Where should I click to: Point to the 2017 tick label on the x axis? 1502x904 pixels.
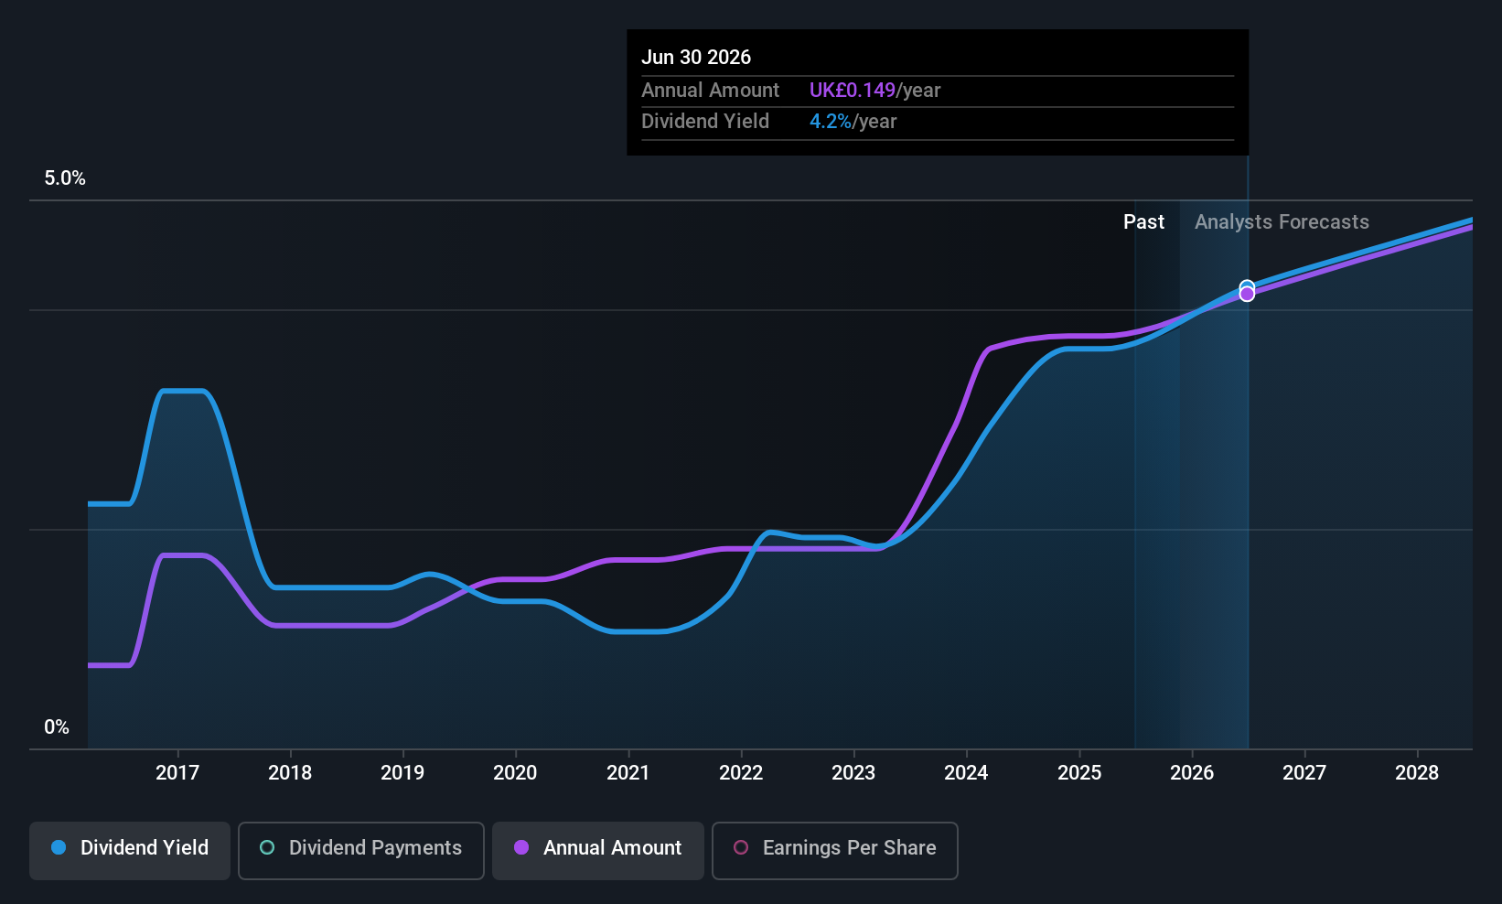pyautogui.click(x=177, y=773)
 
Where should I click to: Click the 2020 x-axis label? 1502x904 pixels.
pyautogui.click(x=515, y=773)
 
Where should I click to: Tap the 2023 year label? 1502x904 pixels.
pyautogui.click(x=853, y=773)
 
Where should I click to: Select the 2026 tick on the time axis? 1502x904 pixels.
pyautogui.click(x=1192, y=773)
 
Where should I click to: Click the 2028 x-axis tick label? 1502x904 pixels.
pyautogui.click(x=1417, y=773)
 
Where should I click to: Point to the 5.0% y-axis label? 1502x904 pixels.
pyautogui.click(x=65, y=178)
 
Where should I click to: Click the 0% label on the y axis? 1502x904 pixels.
pyautogui.click(x=57, y=727)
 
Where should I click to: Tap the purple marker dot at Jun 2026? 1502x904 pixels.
pyautogui.click(x=1247, y=294)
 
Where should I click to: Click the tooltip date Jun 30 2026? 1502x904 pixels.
pyautogui.click(x=696, y=58)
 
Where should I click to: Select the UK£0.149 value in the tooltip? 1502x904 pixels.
pyautogui.click(x=852, y=91)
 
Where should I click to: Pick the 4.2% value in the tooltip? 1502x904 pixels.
pyautogui.click(x=830, y=122)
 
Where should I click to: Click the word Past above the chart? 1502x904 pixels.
pyautogui.click(x=1143, y=222)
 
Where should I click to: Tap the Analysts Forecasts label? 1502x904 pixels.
pyautogui.click(x=1282, y=222)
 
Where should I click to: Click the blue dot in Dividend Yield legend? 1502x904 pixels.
pyautogui.click(x=59, y=847)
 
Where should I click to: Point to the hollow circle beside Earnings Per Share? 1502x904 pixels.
pyautogui.click(x=742, y=847)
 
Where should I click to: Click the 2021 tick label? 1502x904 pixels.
pyautogui.click(x=628, y=773)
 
